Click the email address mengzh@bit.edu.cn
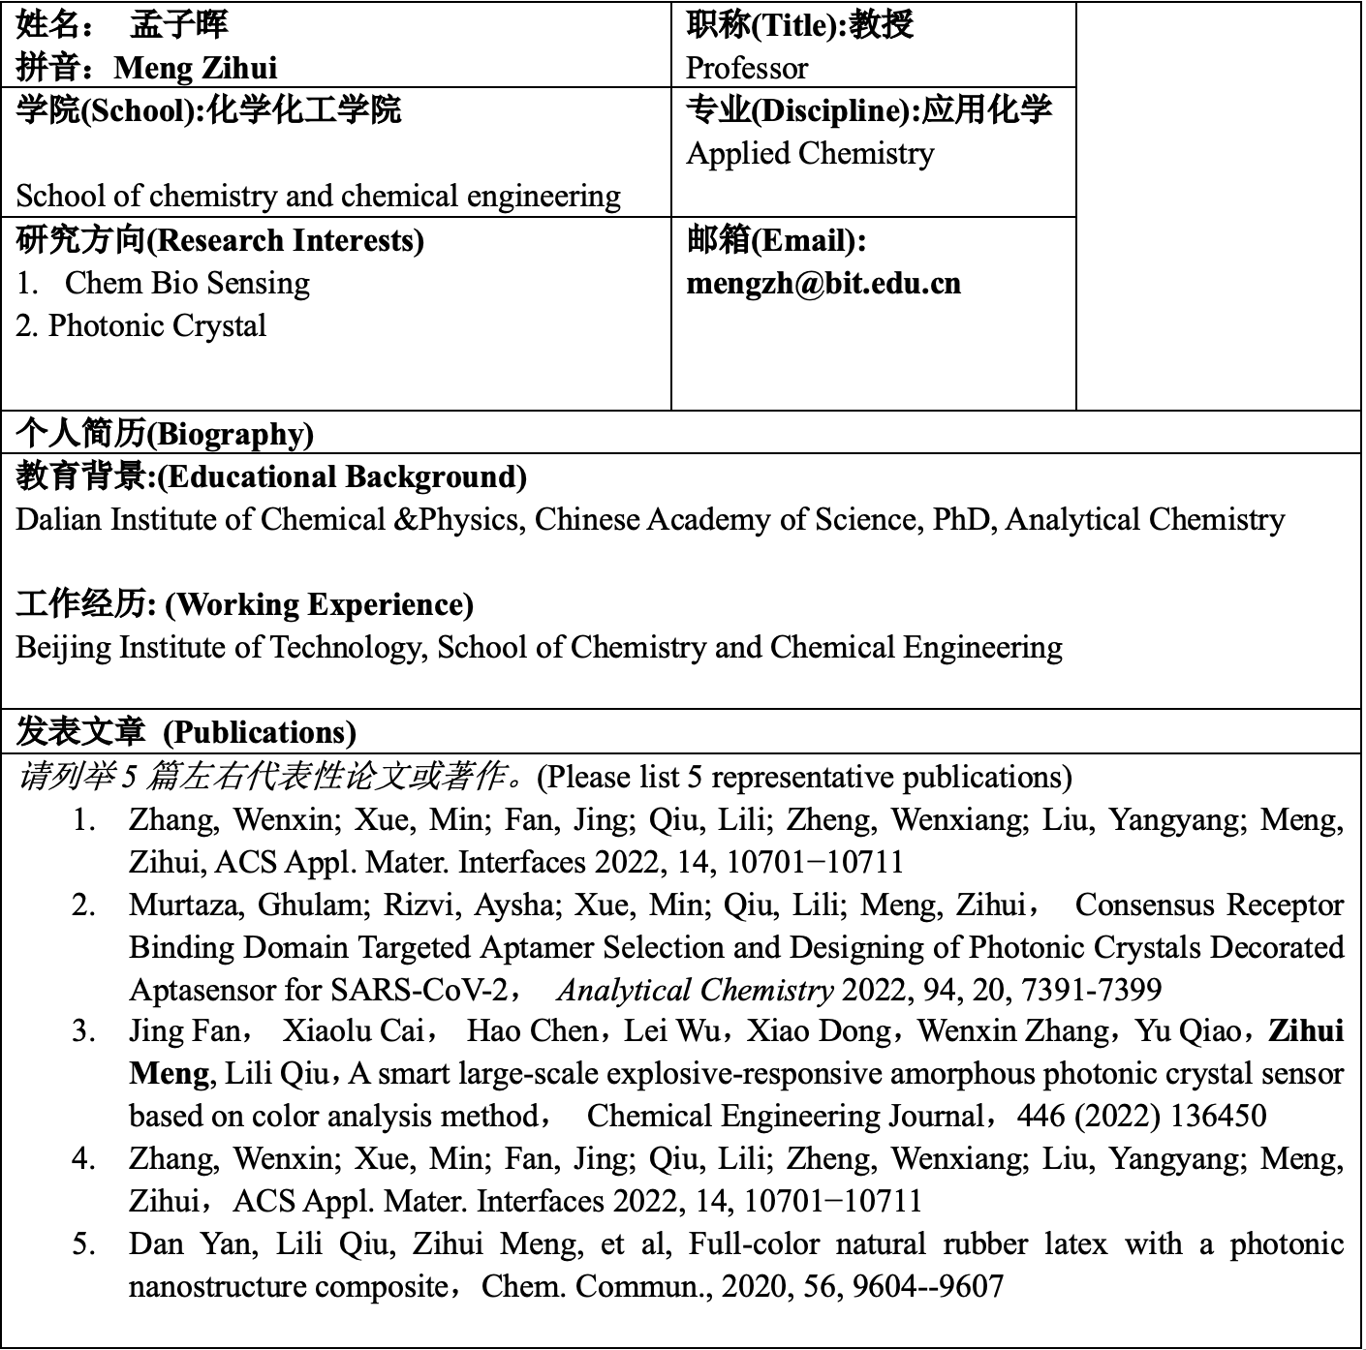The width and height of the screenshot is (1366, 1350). click(823, 283)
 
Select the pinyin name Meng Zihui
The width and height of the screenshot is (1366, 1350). click(195, 68)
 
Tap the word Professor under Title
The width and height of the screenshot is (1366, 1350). click(746, 68)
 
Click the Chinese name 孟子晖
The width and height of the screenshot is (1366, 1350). click(179, 24)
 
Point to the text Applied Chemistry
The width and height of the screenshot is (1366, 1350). click(810, 153)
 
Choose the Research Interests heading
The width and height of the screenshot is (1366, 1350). click(220, 239)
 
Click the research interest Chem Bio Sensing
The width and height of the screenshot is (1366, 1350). click(187, 283)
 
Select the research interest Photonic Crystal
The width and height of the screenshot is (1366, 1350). click(157, 325)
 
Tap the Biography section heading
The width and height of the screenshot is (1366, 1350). click(165, 433)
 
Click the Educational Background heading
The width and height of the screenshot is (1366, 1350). click(271, 476)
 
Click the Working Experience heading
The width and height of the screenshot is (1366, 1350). click(244, 604)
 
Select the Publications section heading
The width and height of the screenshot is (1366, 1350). click(186, 732)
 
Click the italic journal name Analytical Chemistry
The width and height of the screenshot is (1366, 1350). click(695, 990)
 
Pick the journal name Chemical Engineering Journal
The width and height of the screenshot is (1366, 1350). click(786, 1116)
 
